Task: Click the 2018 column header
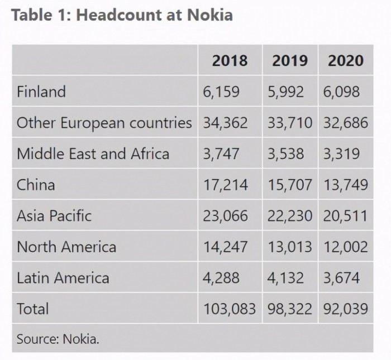(x=230, y=60)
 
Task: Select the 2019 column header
(x=289, y=60)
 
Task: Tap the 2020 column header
(x=345, y=60)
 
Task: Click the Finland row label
(x=41, y=92)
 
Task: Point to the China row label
(x=36, y=184)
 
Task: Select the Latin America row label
(x=63, y=277)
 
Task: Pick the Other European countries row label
(x=104, y=122)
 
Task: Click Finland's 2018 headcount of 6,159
(x=221, y=92)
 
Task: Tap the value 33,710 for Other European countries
(x=289, y=122)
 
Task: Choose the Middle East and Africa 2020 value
(x=341, y=153)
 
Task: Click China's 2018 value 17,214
(x=225, y=184)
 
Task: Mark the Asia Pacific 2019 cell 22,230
(x=289, y=215)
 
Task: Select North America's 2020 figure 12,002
(x=345, y=246)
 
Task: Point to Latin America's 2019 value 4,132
(x=285, y=277)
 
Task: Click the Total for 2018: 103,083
(x=229, y=308)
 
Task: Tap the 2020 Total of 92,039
(x=345, y=308)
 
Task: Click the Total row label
(x=33, y=308)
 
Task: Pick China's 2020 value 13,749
(x=345, y=184)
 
